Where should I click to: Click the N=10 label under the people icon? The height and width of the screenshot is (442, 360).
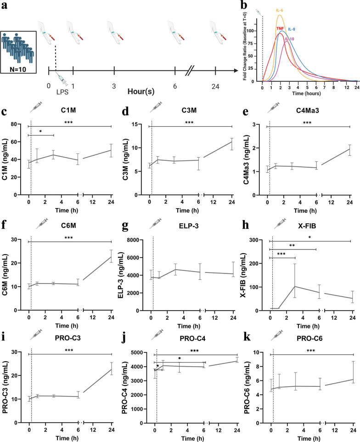point(18,69)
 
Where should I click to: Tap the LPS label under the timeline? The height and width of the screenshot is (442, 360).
point(62,92)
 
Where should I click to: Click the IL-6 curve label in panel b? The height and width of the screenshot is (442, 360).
point(280,11)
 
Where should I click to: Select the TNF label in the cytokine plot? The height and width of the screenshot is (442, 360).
point(280,28)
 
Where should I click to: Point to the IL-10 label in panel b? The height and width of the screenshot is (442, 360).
point(289,39)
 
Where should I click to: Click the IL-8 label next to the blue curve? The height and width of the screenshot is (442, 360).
point(292,29)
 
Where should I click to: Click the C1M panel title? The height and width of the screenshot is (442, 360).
point(68,110)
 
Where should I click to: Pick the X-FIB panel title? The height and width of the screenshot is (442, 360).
point(307,226)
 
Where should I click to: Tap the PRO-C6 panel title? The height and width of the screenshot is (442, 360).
point(309,338)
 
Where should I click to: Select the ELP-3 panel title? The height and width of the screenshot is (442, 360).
point(189,226)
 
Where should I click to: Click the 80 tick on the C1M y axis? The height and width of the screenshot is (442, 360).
point(14,124)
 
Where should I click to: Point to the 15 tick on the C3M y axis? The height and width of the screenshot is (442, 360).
point(135,125)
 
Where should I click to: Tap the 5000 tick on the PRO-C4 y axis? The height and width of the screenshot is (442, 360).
point(138,352)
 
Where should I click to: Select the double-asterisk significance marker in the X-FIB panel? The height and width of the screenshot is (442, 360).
point(292,246)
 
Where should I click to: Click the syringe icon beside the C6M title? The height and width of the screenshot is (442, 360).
point(42,224)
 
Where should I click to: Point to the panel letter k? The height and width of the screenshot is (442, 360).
point(247,337)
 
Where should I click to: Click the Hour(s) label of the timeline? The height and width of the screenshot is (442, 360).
point(141,91)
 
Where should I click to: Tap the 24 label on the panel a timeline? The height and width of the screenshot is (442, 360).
point(215,86)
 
